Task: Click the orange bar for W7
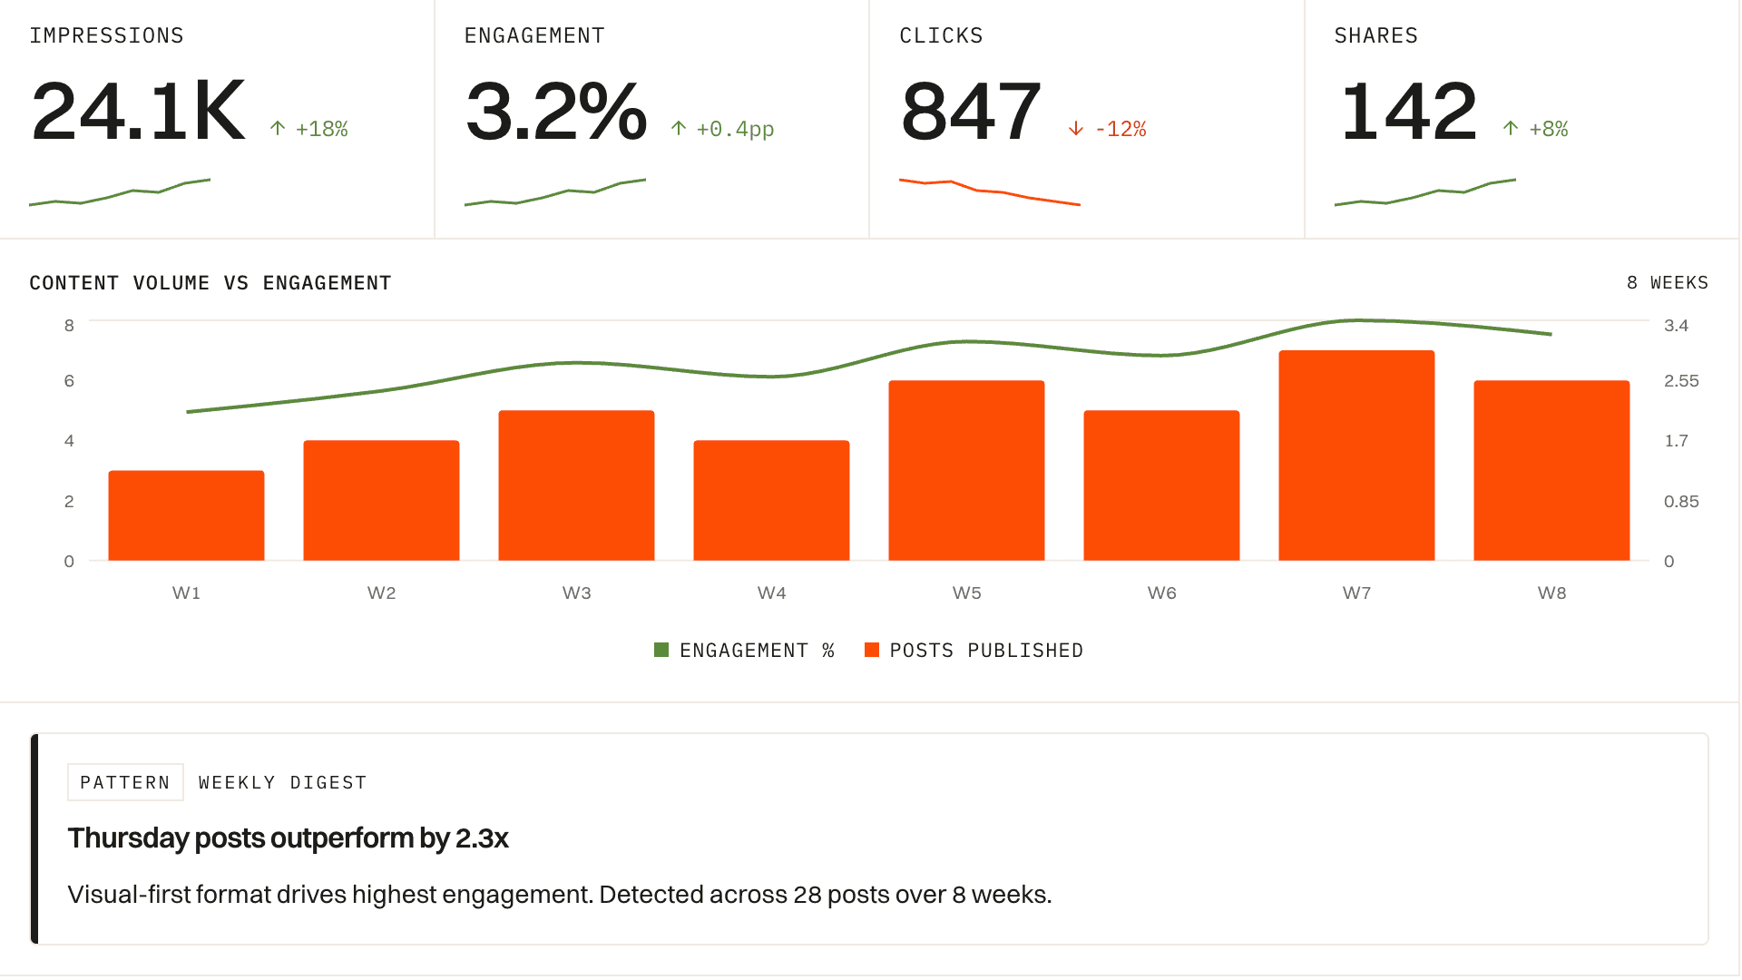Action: (x=1356, y=456)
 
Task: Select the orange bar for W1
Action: (x=186, y=515)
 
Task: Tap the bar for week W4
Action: (x=771, y=501)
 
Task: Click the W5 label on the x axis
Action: (x=966, y=593)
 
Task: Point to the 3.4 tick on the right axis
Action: (x=1676, y=326)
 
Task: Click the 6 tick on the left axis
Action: (x=69, y=381)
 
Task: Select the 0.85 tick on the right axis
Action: (x=1680, y=502)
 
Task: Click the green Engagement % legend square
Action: (x=661, y=650)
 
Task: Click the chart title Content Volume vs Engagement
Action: (x=210, y=283)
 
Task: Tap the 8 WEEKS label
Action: (x=1667, y=283)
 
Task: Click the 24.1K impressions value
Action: (x=139, y=112)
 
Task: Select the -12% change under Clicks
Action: (x=1120, y=129)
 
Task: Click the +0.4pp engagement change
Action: (x=734, y=129)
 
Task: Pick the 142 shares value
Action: (x=1409, y=112)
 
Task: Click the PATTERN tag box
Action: (x=125, y=782)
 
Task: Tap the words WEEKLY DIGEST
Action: (x=282, y=782)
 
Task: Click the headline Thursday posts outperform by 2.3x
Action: (x=288, y=838)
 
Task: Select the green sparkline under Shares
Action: (x=1424, y=193)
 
